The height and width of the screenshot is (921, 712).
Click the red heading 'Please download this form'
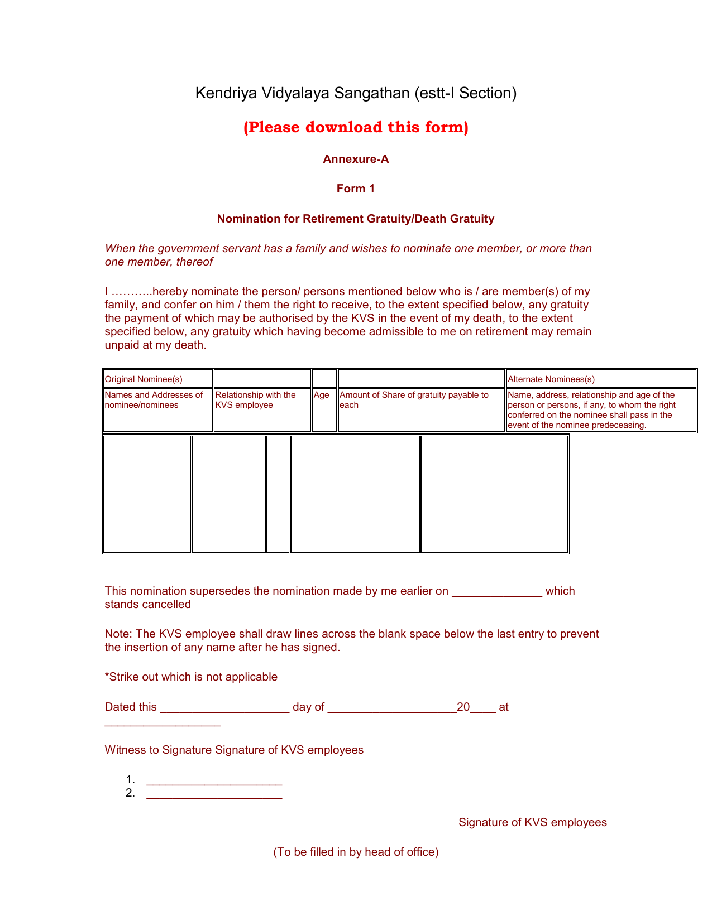(356, 127)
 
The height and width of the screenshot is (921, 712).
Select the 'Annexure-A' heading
(356, 159)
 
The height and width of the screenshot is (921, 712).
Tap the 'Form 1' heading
(356, 189)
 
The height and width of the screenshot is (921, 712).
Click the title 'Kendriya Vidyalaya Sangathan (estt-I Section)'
(356, 93)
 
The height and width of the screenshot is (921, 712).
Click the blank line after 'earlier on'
(496, 592)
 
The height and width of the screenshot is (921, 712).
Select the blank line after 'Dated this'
(224, 708)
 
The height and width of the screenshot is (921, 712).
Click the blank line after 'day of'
(392, 708)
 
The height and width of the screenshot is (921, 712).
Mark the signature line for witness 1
(214, 781)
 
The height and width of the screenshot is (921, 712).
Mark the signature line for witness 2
(214, 794)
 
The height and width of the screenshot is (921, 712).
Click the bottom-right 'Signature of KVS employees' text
(532, 822)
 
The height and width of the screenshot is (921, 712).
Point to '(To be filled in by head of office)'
(356, 852)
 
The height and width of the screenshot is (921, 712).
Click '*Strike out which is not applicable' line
(191, 677)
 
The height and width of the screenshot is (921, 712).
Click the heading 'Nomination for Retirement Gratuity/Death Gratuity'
(356, 219)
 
